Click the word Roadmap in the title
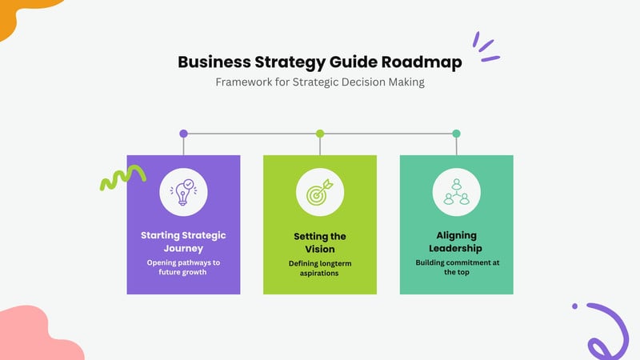coord(422,62)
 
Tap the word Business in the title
coord(214,62)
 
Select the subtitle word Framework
coord(244,82)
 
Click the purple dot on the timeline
coord(184,134)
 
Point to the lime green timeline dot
coord(320,134)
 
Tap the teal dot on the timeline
coord(456,134)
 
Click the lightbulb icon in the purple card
coord(184,192)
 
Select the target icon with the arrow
coord(320,192)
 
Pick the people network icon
coord(456,192)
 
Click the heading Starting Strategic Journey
coord(183,242)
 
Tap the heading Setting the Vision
coord(320,242)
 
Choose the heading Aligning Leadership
coord(456,242)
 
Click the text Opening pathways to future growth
coord(183,267)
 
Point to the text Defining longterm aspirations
coord(320,268)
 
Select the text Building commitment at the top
coord(457,267)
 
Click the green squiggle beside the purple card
coord(122,176)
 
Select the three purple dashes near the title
coord(486,46)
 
